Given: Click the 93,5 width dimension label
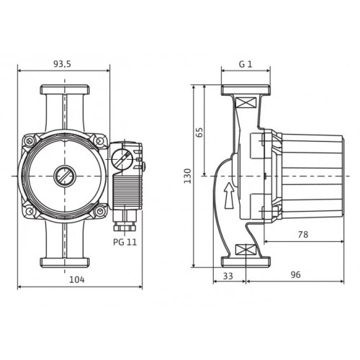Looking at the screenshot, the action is pyautogui.click(x=62, y=64).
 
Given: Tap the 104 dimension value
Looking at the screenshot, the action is pyautogui.click(x=77, y=279).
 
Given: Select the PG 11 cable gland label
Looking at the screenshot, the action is pyautogui.click(x=125, y=242).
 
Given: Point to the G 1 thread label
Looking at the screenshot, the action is pyautogui.click(x=246, y=64).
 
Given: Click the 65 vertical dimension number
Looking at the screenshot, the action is pyautogui.click(x=199, y=132).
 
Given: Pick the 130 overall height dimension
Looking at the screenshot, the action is pyautogui.click(x=188, y=176).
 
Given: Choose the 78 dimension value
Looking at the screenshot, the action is pyautogui.click(x=303, y=234).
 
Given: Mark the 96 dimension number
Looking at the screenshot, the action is pyautogui.click(x=295, y=275).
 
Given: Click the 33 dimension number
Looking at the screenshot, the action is pyautogui.click(x=228, y=276).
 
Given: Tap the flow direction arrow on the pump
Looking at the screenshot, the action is pyautogui.click(x=229, y=196).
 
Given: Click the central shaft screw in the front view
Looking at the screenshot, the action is pyautogui.click(x=65, y=176).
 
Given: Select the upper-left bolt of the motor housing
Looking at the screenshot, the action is pyautogui.click(x=30, y=140).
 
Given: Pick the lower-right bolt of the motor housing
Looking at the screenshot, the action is pyautogui.click(x=100, y=211).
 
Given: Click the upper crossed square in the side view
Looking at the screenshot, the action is pyautogui.click(x=245, y=103).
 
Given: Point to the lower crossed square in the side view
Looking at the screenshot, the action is pyautogui.click(x=245, y=250).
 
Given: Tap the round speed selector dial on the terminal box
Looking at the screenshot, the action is pyautogui.click(x=122, y=158).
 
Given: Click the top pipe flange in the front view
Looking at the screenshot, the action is pyautogui.click(x=65, y=89).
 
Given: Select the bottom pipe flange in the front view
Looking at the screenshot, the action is pyautogui.click(x=65, y=263).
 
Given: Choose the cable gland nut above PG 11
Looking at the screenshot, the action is pyautogui.click(x=125, y=228).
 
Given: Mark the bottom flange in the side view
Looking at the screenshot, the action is pyautogui.click(x=246, y=262).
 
